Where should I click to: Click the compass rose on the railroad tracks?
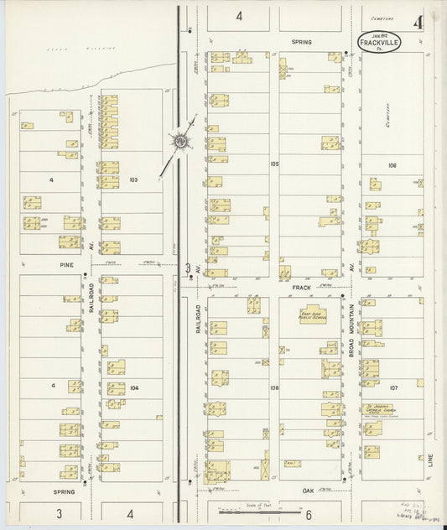pyautogui.click(x=179, y=142)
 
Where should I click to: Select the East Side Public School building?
pyautogui.click(x=313, y=315)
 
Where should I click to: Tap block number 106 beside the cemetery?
pyautogui.click(x=391, y=166)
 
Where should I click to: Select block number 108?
pyautogui.click(x=274, y=387)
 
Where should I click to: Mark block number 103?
pyautogui.click(x=133, y=179)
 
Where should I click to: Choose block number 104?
pyautogui.click(x=133, y=387)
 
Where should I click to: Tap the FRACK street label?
pyautogui.click(x=301, y=287)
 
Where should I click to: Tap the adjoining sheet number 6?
pyautogui.click(x=309, y=513)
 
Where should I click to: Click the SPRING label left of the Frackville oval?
pyautogui.click(x=301, y=40)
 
